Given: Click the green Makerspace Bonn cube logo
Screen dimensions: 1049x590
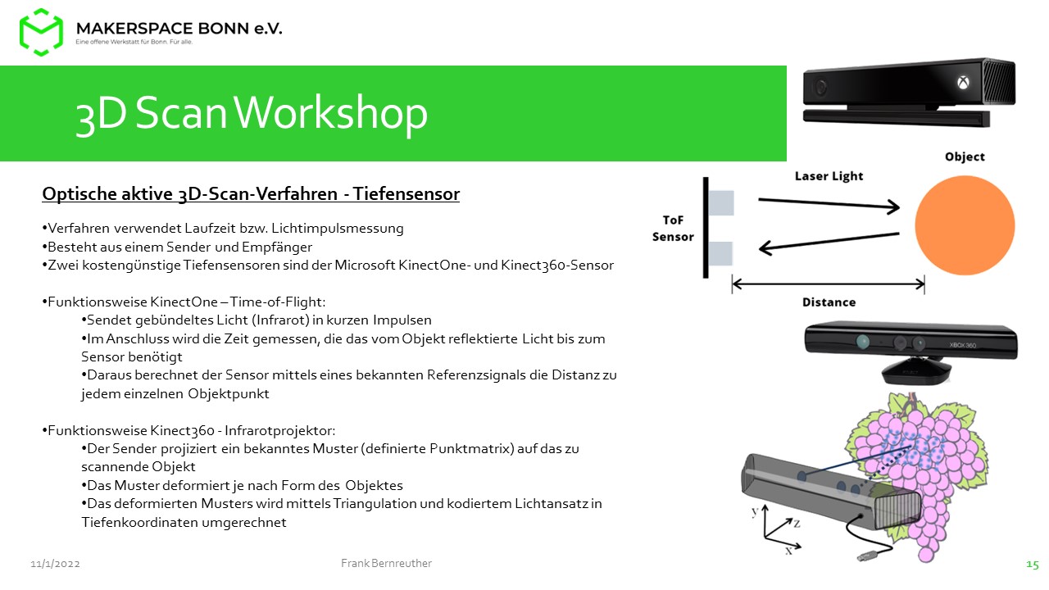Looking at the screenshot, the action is (41, 32).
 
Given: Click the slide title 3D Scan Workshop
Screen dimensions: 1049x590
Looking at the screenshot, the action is (252, 113).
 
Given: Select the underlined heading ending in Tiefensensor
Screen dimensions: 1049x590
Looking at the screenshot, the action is (251, 194).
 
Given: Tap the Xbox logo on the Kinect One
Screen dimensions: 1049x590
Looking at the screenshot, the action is (963, 83).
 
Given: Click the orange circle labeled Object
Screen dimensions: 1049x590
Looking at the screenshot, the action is (965, 225).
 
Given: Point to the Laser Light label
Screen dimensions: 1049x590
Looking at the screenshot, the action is (829, 176).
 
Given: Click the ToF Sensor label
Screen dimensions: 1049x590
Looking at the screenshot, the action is (673, 229).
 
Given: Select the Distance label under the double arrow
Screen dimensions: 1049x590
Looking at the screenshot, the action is (829, 302).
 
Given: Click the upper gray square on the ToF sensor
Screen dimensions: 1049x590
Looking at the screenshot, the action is (721, 202).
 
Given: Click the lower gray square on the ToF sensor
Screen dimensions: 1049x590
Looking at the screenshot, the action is (720, 254).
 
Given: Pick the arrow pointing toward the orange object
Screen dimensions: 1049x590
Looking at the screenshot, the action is (829, 203).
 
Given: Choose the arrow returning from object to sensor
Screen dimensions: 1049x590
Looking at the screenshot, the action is (829, 241).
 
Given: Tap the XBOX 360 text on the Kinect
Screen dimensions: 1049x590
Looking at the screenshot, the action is (963, 345).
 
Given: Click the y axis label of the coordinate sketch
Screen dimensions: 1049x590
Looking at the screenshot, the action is (755, 511).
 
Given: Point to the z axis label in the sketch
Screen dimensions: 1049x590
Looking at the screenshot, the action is (797, 523).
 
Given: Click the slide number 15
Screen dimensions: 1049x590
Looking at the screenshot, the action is (1032, 565).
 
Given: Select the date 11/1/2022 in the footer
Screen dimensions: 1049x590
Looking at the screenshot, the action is (55, 564).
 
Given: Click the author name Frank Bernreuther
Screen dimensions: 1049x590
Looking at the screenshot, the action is (386, 563).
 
